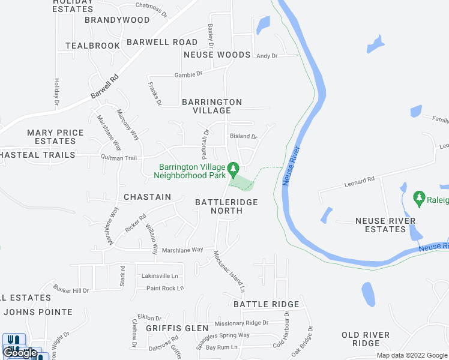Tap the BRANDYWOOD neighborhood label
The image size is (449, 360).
pos(117,20)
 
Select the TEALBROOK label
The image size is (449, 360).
pos(93,46)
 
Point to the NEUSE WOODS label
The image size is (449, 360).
pos(217,55)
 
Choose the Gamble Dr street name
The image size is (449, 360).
pos(188,74)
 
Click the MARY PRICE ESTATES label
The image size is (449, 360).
pos(55,137)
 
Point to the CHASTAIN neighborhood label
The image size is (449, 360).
pos(147,197)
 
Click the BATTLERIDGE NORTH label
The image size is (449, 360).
pos(226,206)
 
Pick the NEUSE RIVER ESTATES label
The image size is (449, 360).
pos(385,225)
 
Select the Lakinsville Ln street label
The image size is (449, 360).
pos(160,276)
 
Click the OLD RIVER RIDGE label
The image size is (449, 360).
pos(366,339)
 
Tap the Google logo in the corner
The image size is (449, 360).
pos(20,353)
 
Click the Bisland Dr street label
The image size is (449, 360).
pos(243,136)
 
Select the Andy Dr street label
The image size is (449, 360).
pos(267,56)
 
